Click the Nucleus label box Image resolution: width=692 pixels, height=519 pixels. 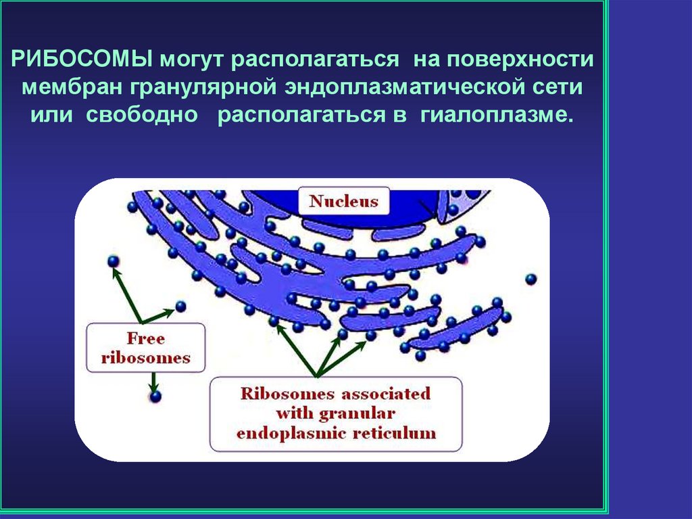(x=344, y=201)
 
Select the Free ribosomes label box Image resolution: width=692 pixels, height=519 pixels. (x=146, y=347)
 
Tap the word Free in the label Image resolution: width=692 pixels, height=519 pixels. (x=146, y=338)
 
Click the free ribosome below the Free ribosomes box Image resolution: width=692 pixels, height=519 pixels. (x=156, y=397)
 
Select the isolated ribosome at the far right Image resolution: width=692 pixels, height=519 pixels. (x=531, y=278)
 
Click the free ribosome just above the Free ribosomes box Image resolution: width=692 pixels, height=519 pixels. (x=180, y=307)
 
